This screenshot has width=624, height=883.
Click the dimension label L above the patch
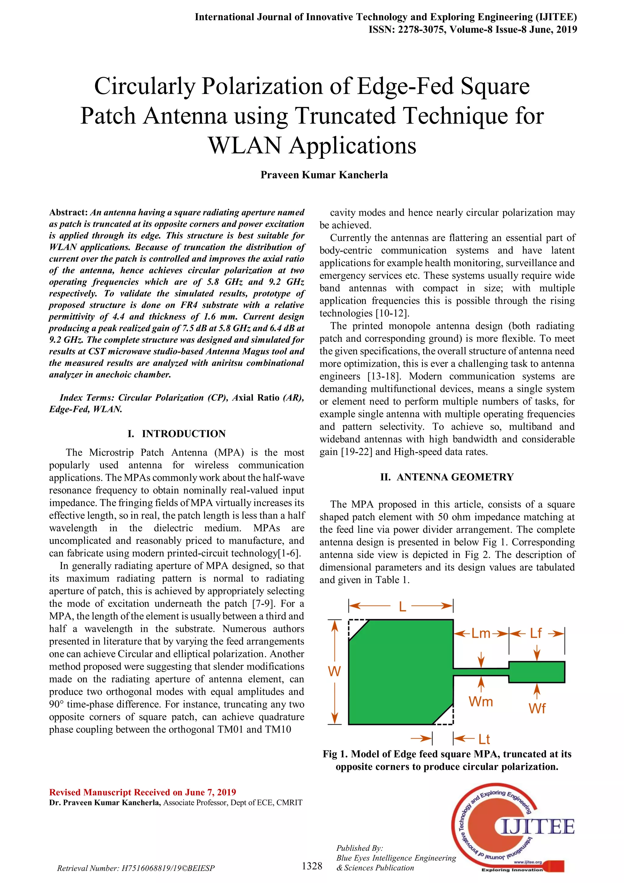(402, 606)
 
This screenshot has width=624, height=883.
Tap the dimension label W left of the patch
(334, 671)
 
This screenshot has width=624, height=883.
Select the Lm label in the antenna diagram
(481, 633)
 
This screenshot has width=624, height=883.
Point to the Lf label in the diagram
(536, 633)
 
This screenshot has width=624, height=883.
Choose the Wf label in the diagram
(537, 708)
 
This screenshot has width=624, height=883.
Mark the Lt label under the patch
(484, 739)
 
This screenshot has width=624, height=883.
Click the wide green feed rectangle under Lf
(537, 672)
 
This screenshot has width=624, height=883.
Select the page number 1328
(312, 866)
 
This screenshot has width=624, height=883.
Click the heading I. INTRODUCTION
(176, 434)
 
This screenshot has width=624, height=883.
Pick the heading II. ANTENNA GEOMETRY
(447, 477)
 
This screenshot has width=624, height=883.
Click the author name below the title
(324, 175)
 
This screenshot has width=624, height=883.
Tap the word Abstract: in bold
(68, 212)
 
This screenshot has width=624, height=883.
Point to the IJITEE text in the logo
(538, 827)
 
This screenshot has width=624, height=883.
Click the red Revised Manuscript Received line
(143, 792)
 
